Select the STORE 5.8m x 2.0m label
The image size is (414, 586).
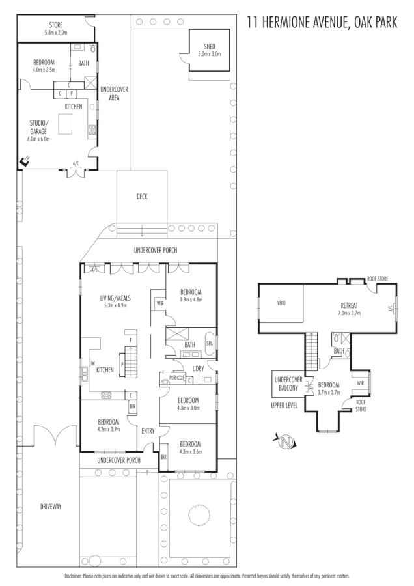(56, 29)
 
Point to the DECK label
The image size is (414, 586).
(142, 197)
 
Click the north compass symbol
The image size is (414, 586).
(284, 443)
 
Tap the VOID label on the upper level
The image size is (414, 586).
(281, 303)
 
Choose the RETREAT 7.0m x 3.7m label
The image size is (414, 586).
(354, 309)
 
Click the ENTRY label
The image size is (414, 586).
(148, 430)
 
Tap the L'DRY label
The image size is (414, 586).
(198, 369)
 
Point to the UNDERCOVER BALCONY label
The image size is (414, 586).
(286, 384)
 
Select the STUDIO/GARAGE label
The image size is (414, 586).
(39, 130)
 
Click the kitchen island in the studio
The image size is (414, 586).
(67, 123)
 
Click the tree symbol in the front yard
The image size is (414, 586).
(199, 516)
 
